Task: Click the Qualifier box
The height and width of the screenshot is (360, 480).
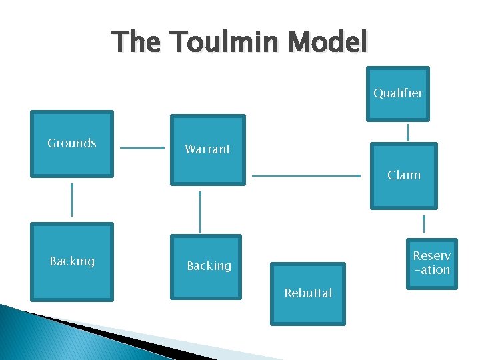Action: [398, 93]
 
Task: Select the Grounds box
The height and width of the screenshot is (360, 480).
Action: [72, 143]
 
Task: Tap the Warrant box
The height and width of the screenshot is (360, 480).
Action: [207, 149]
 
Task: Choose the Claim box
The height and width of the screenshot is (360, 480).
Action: [404, 175]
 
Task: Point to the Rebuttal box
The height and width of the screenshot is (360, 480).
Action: [307, 293]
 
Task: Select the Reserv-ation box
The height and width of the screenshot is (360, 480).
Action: [432, 263]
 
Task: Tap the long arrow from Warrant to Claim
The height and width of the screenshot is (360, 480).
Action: [307, 176]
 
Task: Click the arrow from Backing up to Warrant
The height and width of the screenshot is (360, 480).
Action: [200, 211]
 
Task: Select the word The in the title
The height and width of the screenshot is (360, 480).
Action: [137, 43]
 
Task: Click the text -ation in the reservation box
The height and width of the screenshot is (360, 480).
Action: [432, 270]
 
